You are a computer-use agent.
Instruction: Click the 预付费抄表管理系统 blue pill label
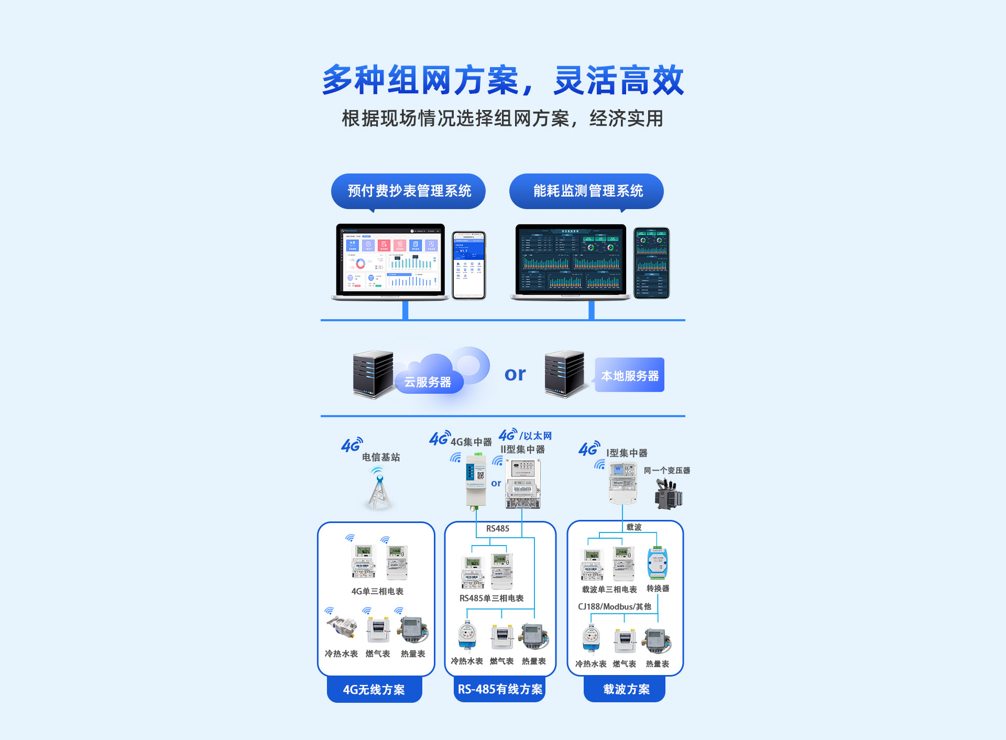coord(408,191)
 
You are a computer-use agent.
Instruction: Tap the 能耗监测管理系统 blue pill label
coord(586,191)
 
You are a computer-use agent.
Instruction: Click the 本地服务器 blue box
coord(629,375)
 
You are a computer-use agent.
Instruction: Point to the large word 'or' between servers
coord(515,374)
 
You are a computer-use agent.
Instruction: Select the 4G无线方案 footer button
coord(374,689)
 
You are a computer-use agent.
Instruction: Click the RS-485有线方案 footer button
coord(500,689)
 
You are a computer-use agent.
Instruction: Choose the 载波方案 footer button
coord(626,689)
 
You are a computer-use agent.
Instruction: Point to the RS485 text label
coord(497,528)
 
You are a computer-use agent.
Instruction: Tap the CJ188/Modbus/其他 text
coord(614,606)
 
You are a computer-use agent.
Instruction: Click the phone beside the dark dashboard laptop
coord(651,263)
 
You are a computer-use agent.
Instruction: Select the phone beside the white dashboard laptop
coord(469,265)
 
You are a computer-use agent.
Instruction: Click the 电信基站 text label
coord(381,457)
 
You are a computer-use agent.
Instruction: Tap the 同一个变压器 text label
coord(666,470)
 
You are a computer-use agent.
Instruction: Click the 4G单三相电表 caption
coord(377,591)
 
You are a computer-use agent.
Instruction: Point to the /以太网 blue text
coord(535,436)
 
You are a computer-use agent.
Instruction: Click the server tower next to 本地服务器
coord(564,374)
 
